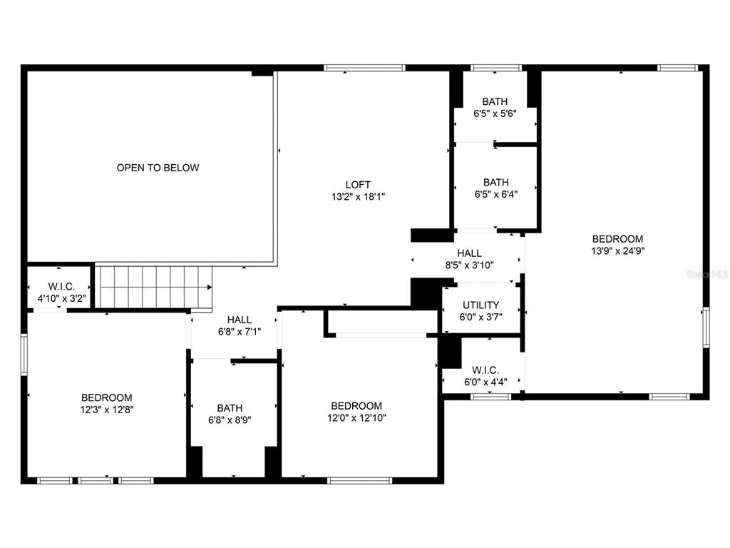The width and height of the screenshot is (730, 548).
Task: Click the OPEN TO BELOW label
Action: (x=158, y=168)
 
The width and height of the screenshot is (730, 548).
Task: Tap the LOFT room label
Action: (x=358, y=185)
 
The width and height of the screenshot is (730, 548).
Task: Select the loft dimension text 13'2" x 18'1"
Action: (x=358, y=197)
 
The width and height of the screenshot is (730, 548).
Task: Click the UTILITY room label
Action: (x=481, y=305)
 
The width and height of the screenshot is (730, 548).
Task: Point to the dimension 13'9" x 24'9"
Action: (x=618, y=251)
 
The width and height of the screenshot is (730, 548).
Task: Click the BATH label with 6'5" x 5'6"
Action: (x=495, y=101)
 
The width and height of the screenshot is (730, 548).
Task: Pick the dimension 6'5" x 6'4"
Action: (x=496, y=194)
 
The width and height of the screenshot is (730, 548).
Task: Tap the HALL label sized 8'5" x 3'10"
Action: (x=469, y=253)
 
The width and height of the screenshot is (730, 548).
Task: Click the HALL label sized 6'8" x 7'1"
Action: (x=240, y=320)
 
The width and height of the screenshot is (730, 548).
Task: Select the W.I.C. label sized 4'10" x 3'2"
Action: (x=61, y=287)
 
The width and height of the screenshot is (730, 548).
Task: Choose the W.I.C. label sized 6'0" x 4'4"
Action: (x=485, y=370)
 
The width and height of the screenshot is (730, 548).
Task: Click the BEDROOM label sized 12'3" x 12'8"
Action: (x=107, y=398)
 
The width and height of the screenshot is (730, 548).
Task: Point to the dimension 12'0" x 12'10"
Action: (x=356, y=418)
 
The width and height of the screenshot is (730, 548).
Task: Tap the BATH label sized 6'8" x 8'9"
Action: (x=230, y=408)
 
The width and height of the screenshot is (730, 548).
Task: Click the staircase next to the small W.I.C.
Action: (x=154, y=287)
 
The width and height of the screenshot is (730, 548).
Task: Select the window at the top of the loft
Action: (x=364, y=68)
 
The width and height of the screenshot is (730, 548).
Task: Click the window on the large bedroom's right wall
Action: (x=706, y=327)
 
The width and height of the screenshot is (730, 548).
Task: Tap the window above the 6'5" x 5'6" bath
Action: (x=496, y=68)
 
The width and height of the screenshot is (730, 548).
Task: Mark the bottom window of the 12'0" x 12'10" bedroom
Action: (x=360, y=480)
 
